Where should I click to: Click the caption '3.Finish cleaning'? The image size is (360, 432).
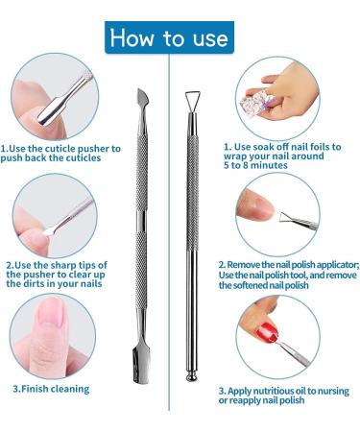tap(51, 389)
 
